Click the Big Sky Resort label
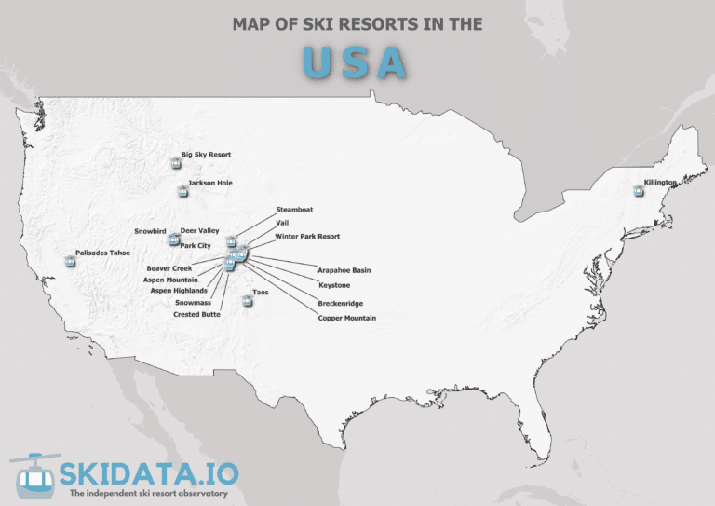point(206,155)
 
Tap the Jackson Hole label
point(209,184)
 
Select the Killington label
point(660,183)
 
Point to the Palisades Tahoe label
point(103,253)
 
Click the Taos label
point(261,292)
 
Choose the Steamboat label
point(294,210)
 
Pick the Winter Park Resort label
point(307,237)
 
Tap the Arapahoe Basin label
point(344,270)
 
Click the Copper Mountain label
point(346,319)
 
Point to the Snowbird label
point(149,230)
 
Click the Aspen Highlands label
point(179,291)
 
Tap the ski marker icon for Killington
point(638,191)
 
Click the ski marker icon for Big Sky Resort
point(175,164)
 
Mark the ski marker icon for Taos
point(246,301)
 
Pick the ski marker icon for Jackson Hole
point(182,193)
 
